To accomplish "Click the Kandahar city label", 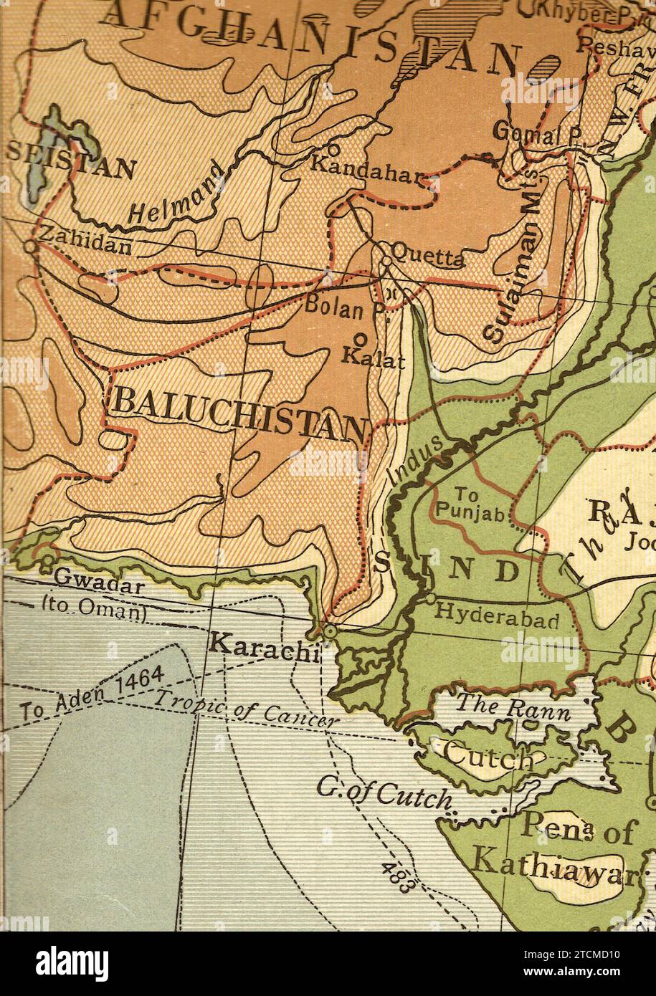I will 363,166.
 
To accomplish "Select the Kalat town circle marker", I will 361,339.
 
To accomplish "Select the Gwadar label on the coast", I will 100,581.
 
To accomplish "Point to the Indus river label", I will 414,461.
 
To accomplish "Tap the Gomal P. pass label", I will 531,134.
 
